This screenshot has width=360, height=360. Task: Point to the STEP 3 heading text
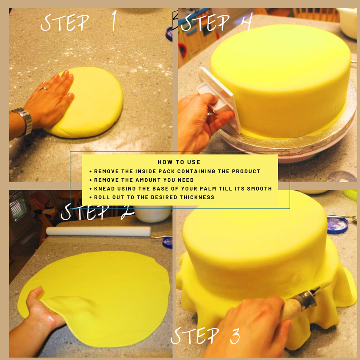(x=205, y=336)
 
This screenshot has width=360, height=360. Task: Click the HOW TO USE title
(x=179, y=162)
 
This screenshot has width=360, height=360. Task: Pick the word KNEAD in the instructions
(x=104, y=188)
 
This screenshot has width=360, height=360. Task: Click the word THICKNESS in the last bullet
(x=198, y=197)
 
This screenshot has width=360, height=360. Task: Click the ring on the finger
(x=43, y=88)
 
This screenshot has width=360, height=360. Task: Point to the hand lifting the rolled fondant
(x=42, y=309)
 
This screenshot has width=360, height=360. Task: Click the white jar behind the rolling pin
(x=152, y=214)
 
